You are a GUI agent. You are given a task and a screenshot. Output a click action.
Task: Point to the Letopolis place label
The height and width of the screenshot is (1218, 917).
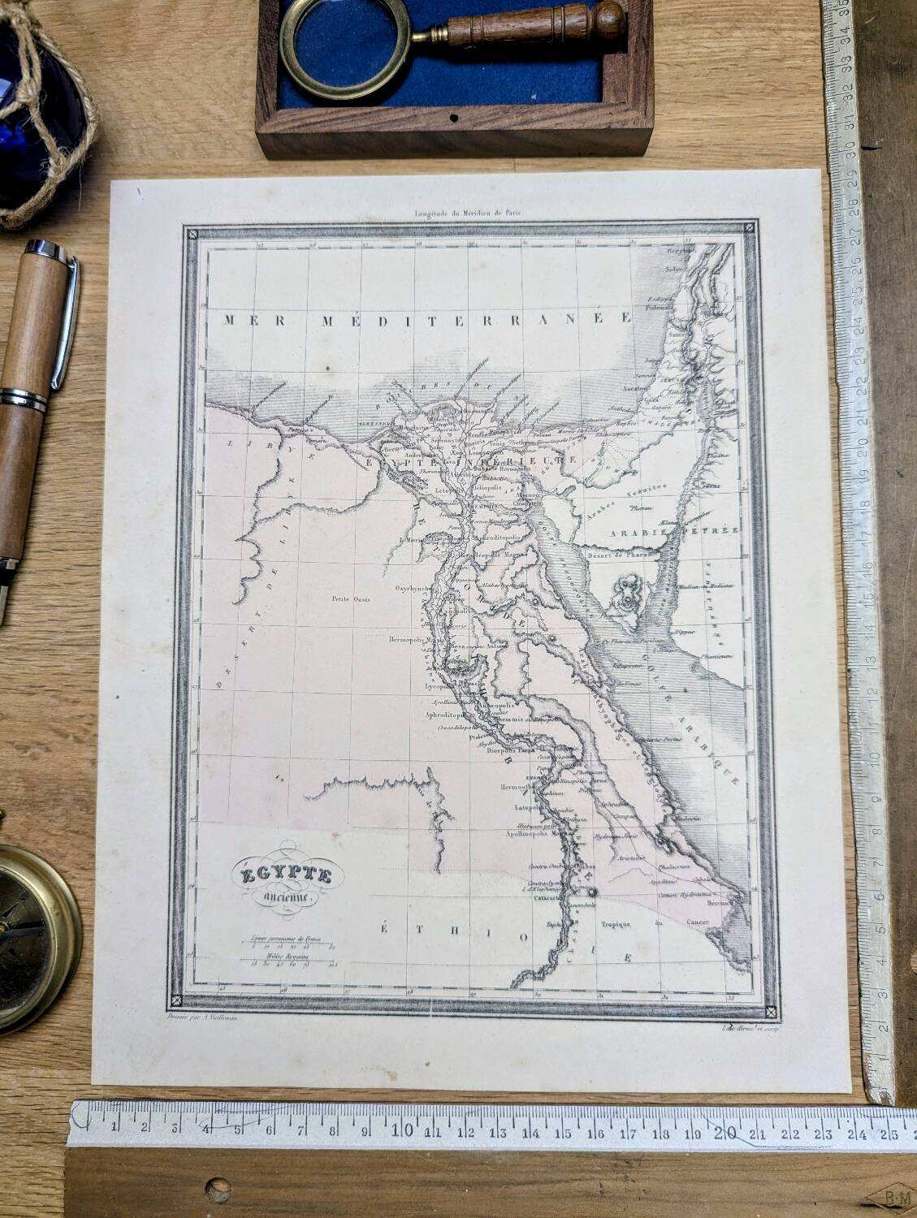(448, 490)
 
